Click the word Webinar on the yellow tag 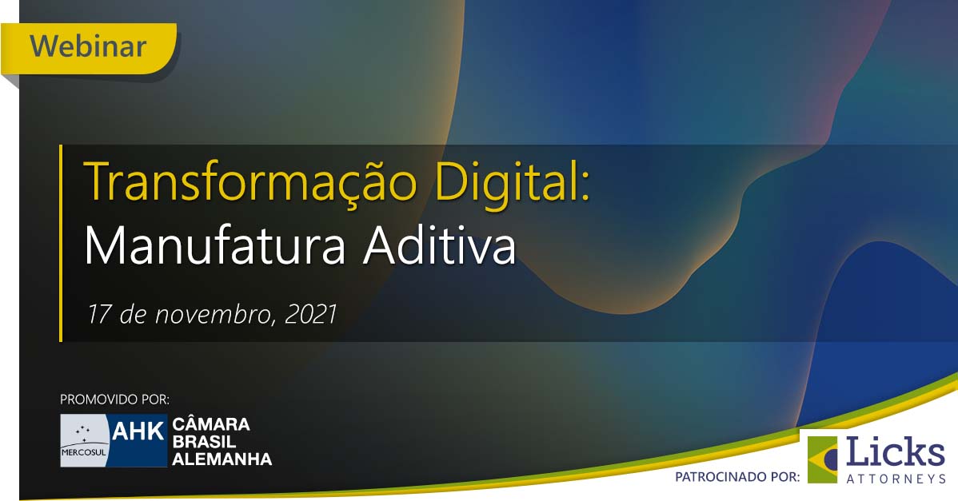click(88, 46)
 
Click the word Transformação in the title click(250, 182)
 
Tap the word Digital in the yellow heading click(511, 182)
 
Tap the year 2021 click(311, 314)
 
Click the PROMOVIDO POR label click(115, 400)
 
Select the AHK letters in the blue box click(138, 431)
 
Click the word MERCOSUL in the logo click(84, 452)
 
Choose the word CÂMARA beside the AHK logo click(211, 424)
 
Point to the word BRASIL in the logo click(205, 441)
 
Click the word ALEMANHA click(222, 459)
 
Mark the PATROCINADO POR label click(737, 476)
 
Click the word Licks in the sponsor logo click(896, 453)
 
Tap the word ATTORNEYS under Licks click(896, 479)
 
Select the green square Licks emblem click(822, 459)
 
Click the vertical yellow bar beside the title click(61, 243)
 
